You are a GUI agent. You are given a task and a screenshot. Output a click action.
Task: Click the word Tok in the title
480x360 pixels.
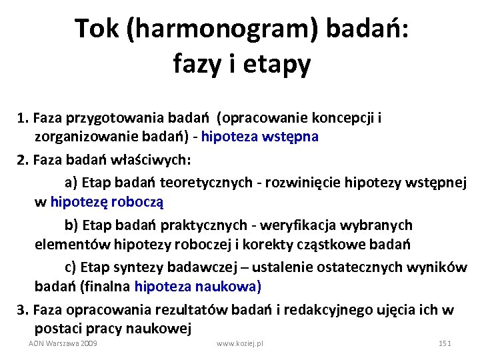click(x=96, y=29)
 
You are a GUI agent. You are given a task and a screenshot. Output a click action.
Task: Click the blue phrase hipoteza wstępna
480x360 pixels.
click(x=259, y=137)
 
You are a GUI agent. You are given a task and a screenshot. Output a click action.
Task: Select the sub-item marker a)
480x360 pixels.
click(x=71, y=182)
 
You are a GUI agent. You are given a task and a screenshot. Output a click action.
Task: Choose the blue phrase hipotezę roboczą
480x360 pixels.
click(x=107, y=200)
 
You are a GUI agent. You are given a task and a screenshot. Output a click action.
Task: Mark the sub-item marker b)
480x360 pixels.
click(x=71, y=225)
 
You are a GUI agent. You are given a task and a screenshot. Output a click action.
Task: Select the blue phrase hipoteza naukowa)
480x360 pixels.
click(x=198, y=287)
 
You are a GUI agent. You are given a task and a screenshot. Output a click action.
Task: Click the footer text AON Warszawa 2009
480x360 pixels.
click(x=63, y=343)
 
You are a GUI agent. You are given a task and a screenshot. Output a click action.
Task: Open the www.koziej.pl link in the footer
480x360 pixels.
click(x=240, y=343)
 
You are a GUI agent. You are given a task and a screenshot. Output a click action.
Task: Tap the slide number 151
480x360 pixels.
click(x=445, y=343)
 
